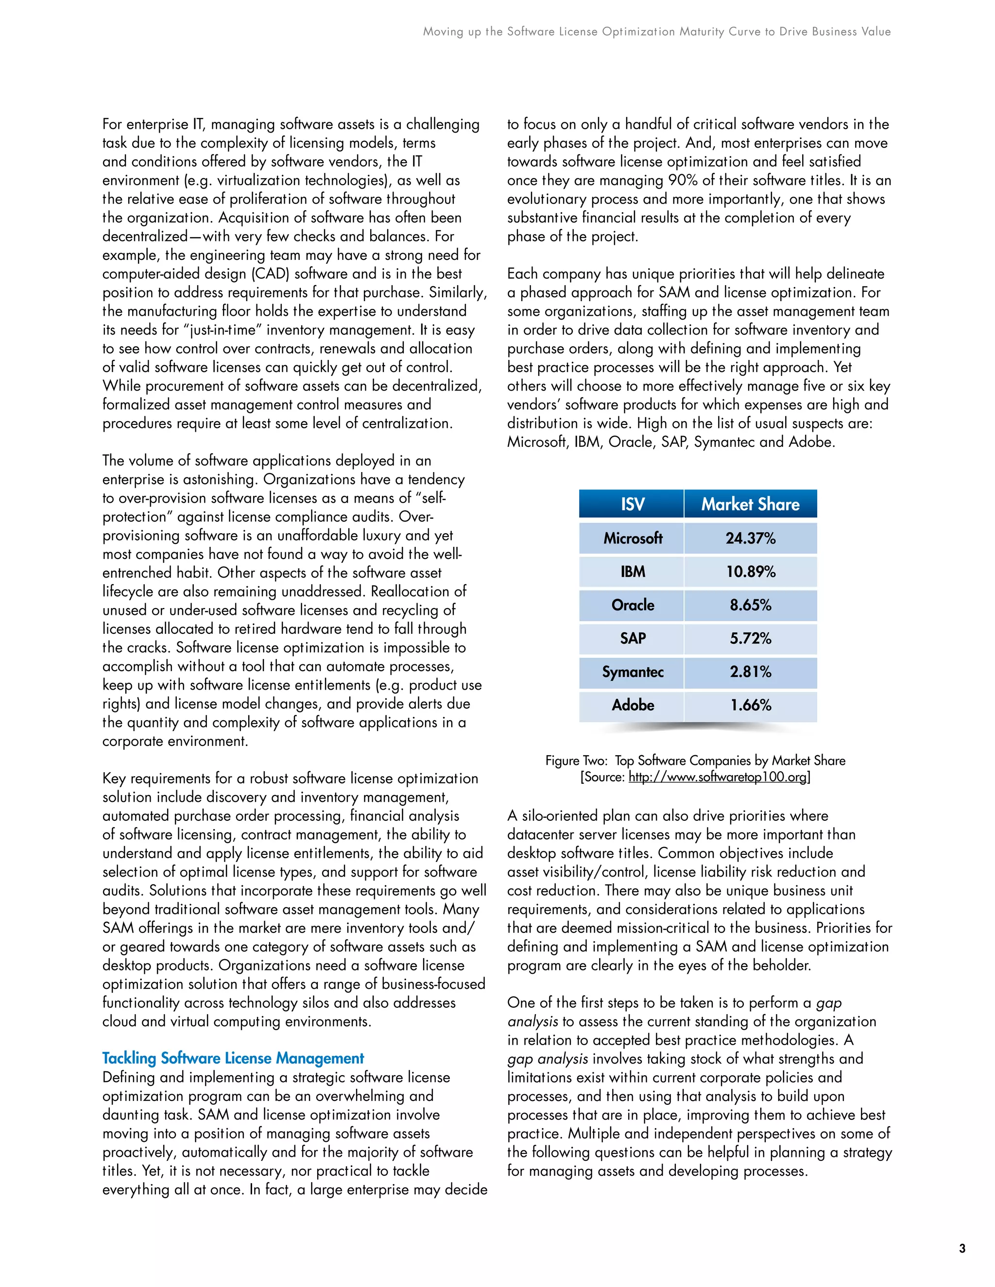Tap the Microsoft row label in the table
[633, 538]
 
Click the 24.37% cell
[750, 538]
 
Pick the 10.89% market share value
[750, 572]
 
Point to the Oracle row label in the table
[633, 605]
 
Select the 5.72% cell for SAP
[750, 638]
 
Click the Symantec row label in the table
[633, 672]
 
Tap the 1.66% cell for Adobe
[750, 705]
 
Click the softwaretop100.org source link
[718, 777]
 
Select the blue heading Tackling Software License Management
[233, 1058]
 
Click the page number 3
[962, 1248]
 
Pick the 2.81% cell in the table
[750, 672]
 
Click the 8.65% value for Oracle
[750, 605]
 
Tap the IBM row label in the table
[633, 572]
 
